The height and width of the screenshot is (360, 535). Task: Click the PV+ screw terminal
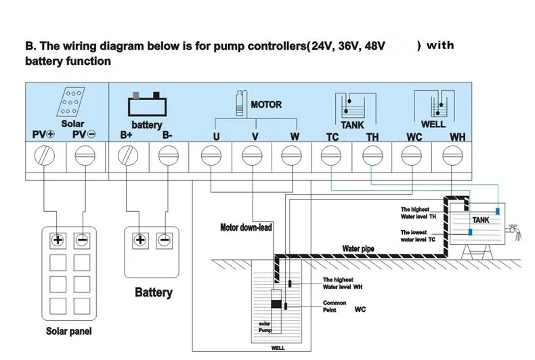pyautogui.click(x=45, y=158)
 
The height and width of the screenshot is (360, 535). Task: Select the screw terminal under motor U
pyautogui.click(x=211, y=158)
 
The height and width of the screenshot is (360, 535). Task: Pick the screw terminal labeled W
pyautogui.click(x=291, y=158)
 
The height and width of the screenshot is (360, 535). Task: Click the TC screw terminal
pyautogui.click(x=331, y=158)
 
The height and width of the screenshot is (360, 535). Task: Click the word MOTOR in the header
pyautogui.click(x=266, y=105)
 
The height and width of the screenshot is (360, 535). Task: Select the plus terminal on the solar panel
pyautogui.click(x=58, y=240)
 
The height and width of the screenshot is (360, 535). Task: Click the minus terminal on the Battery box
pyautogui.click(x=164, y=240)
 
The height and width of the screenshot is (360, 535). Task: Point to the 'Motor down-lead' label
pyautogui.click(x=246, y=227)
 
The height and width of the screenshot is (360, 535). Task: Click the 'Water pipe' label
pyautogui.click(x=358, y=248)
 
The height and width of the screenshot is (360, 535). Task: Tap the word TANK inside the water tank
pyautogui.click(x=480, y=220)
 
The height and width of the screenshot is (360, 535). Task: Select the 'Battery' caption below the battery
pyautogui.click(x=154, y=293)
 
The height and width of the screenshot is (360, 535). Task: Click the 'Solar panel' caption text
pyautogui.click(x=68, y=332)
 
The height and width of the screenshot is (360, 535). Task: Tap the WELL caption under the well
pyautogui.click(x=278, y=349)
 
